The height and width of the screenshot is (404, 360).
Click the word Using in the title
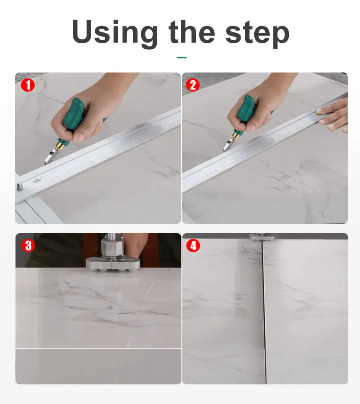[114, 33]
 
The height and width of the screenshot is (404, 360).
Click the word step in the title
[257, 34]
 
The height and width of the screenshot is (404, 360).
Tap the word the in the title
[191, 32]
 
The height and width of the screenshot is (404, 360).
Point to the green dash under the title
[182, 57]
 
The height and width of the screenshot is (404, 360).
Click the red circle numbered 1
[28, 85]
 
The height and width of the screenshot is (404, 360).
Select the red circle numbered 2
[193, 85]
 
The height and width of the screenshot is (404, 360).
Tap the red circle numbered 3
[28, 245]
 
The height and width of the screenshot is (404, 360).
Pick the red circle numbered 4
[193, 245]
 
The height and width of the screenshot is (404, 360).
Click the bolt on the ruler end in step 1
[19, 186]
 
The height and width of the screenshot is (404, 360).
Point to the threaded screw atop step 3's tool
[111, 236]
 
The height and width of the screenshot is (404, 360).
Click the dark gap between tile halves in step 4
[263, 312]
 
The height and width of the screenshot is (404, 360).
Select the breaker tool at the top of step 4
[261, 237]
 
